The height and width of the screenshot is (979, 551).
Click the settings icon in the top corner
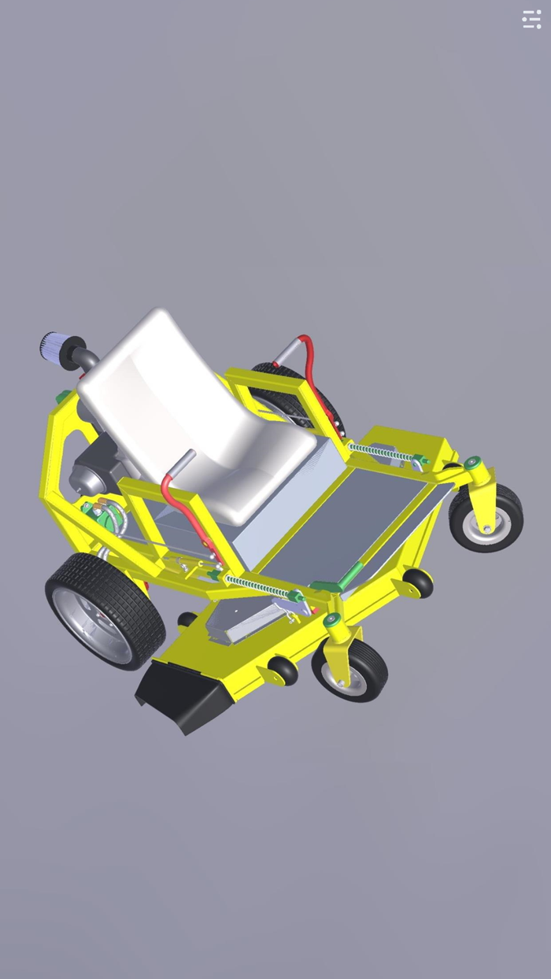click(532, 20)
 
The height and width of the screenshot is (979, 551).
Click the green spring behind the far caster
click(380, 452)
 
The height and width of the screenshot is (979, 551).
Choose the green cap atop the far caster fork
click(472, 463)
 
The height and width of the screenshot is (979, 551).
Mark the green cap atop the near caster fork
click(333, 619)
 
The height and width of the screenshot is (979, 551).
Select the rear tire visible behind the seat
click(303, 397)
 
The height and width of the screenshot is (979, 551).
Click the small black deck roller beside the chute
click(282, 670)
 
